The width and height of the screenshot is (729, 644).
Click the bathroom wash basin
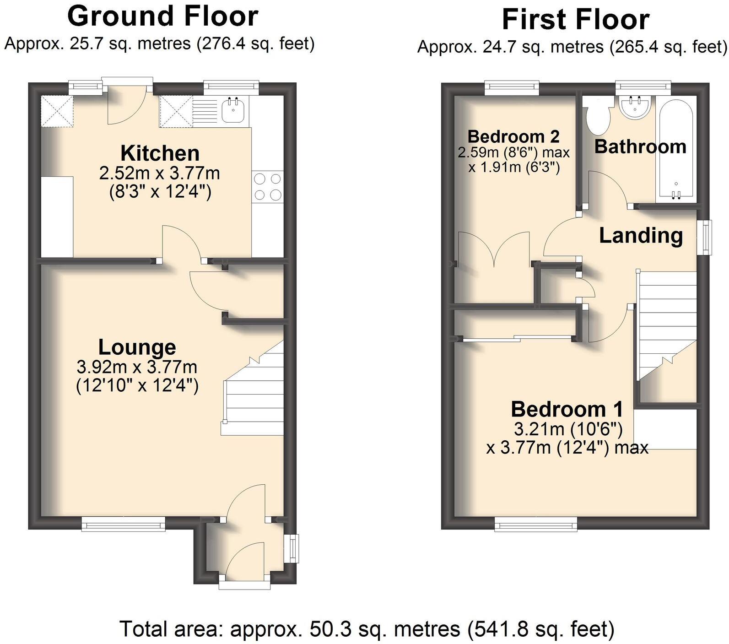click(634, 107)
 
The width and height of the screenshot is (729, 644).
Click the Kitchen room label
click(160, 153)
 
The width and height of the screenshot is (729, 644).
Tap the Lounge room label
click(137, 347)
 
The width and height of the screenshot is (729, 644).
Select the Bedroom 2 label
click(513, 136)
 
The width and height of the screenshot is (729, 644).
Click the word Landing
click(641, 236)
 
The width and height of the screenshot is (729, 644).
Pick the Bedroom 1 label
click(567, 409)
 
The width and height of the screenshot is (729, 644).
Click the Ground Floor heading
click(162, 16)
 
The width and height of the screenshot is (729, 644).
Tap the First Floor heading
click(575, 19)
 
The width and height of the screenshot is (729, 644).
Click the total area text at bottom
click(367, 628)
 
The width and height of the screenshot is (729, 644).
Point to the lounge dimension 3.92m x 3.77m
click(137, 367)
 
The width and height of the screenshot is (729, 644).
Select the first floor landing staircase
click(666, 320)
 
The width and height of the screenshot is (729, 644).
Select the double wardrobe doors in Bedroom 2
click(494, 249)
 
